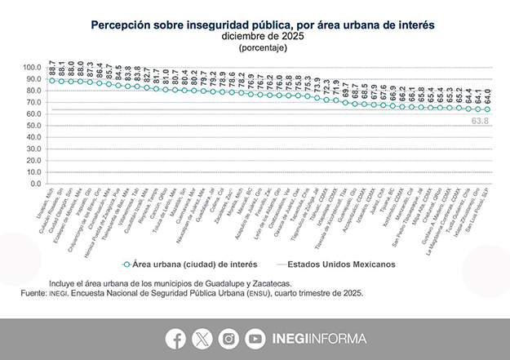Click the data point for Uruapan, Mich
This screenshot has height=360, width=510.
pos(52,81)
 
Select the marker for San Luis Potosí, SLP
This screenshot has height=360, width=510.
pos(487,109)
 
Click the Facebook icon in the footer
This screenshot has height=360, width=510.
pos(175,338)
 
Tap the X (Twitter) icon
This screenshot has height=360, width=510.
pos(202,338)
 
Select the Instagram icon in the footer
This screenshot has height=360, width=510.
pos(229,338)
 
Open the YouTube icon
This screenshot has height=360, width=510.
pos(255,338)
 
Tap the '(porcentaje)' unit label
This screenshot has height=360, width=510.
pos(255,48)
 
